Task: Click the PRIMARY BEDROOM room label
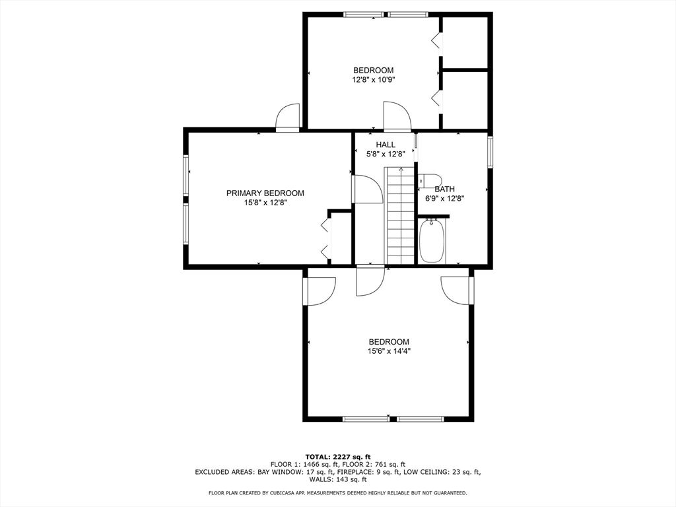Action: point(265,193)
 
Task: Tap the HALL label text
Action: point(386,145)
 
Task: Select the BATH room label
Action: point(444,189)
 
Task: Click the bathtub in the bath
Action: point(432,241)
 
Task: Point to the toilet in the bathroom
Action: point(430,180)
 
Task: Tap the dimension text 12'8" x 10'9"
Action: point(374,79)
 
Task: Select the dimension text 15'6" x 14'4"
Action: point(388,351)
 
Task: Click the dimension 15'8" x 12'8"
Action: point(265,202)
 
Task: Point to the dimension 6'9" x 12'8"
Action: point(444,198)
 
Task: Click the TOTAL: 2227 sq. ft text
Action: point(338,457)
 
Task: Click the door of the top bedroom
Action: point(397,116)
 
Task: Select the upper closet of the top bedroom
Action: point(465,42)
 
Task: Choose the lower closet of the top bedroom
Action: point(465,99)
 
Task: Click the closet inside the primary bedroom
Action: point(341,238)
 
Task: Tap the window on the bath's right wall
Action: point(490,151)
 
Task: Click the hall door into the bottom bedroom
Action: point(370,280)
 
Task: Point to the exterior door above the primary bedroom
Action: point(288,118)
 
